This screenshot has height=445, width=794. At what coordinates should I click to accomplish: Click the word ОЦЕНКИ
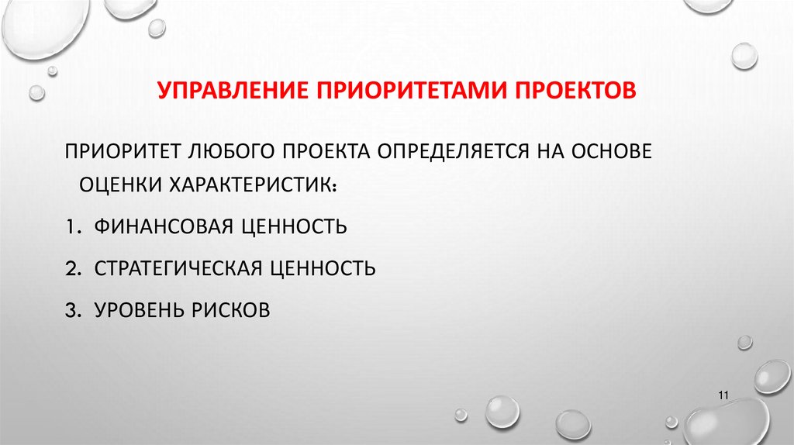pos(117,185)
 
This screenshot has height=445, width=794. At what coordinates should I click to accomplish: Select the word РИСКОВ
pos(235,310)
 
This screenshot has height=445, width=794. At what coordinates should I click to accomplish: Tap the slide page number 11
pos(724,396)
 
